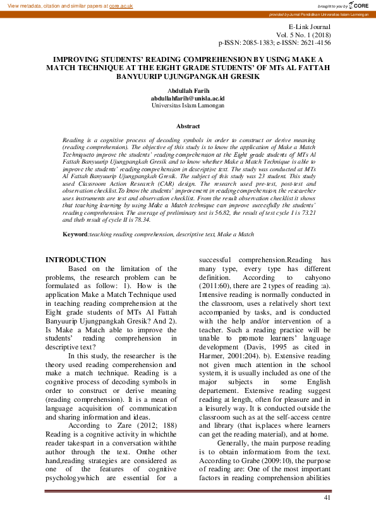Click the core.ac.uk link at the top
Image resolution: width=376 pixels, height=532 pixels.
(x=121, y=6)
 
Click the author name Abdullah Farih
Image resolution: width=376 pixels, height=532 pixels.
(x=188, y=91)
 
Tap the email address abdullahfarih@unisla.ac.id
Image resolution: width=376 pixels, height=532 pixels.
(x=188, y=99)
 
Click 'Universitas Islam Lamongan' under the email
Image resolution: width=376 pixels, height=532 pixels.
(x=188, y=106)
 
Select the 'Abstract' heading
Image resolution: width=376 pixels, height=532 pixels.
(x=188, y=126)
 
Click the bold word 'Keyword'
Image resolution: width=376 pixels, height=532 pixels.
(x=75, y=235)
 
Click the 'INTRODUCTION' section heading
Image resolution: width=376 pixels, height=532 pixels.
(x=76, y=260)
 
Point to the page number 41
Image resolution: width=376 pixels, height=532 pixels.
(x=327, y=499)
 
